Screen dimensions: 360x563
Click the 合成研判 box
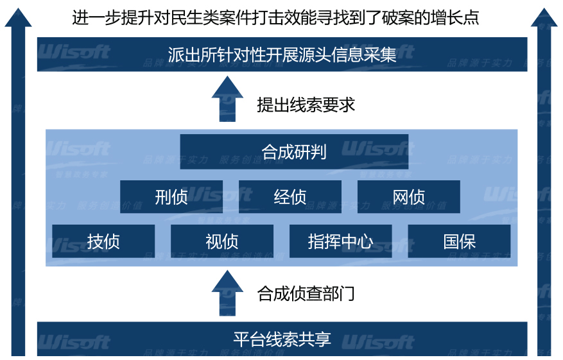pyautogui.click(x=293, y=151)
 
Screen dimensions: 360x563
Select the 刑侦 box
pyautogui.click(x=171, y=196)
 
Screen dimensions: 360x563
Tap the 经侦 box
pyautogui.click(x=290, y=196)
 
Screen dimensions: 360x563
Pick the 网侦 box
pyautogui.click(x=408, y=196)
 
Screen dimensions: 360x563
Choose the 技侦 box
pyautogui.click(x=103, y=241)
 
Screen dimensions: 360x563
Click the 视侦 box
pyautogui.click(x=221, y=241)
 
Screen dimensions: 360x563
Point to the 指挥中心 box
pyautogui.click(x=340, y=241)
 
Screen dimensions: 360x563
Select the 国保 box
pyautogui.click(x=459, y=241)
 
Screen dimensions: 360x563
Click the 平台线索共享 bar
pyautogui.click(x=282, y=338)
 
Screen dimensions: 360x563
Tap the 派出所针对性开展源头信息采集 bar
pyautogui.click(x=282, y=55)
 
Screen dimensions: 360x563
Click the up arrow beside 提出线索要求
pyautogui.click(x=227, y=99)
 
